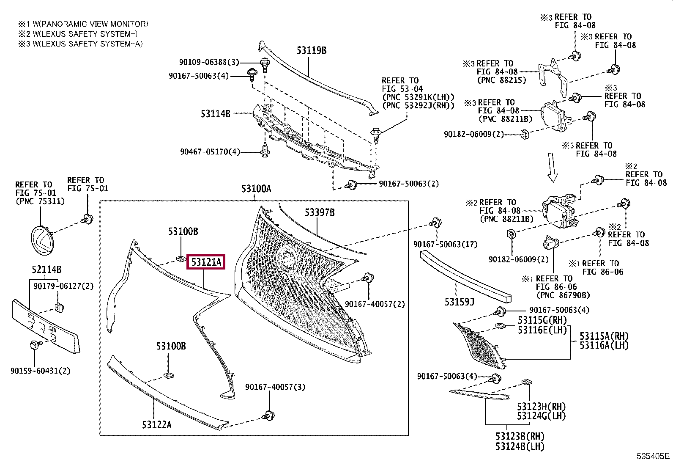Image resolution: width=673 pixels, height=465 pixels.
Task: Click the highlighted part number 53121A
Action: [x=206, y=262]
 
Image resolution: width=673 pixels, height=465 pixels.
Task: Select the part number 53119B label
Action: [x=312, y=51]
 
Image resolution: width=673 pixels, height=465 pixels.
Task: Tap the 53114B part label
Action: [x=216, y=114]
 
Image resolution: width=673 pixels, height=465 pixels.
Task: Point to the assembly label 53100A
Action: [x=256, y=189]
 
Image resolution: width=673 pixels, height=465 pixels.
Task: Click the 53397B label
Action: [x=320, y=212]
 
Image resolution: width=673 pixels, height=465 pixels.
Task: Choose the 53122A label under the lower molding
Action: [x=157, y=425]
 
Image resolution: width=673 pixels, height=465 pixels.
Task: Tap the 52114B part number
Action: [x=47, y=270]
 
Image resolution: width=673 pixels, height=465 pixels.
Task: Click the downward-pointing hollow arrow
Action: [x=552, y=167]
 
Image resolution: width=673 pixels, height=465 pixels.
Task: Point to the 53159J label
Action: [x=460, y=302]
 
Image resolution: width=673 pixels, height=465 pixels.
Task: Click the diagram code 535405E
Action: [x=653, y=456]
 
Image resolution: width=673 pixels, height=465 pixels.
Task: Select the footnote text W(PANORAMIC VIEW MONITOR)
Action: [x=90, y=24]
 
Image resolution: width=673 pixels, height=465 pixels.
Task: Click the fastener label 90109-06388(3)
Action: [x=209, y=62]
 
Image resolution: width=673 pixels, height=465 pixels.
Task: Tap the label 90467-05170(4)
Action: [x=210, y=151]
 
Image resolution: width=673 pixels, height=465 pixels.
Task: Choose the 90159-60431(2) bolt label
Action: [x=41, y=371]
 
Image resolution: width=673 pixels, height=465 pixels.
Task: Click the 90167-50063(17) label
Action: [x=445, y=244]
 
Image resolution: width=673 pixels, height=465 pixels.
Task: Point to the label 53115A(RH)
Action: [x=604, y=336]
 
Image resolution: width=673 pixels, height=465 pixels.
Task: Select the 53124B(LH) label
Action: [x=520, y=446]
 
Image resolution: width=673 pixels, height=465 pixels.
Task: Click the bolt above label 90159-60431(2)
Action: [x=34, y=345]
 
